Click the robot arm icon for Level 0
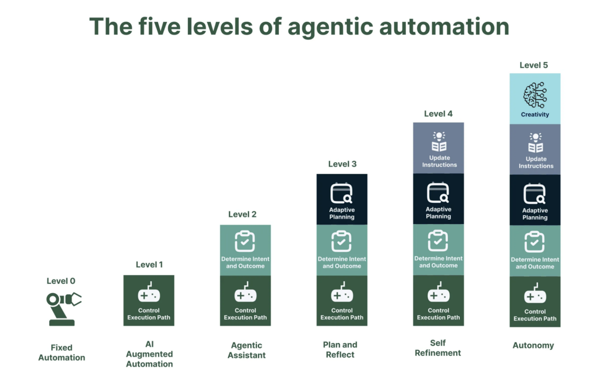63,309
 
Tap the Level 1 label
149,265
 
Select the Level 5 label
534,65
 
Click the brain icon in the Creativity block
535,95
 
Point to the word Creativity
535,114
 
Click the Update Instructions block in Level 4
439,148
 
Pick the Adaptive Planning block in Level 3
342,199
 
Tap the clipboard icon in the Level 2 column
245,241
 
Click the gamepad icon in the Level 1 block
149,292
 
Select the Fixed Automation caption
62,352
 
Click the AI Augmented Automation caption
149,354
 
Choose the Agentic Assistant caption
247,350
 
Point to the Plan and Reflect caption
340,349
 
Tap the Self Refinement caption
438,348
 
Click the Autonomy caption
533,345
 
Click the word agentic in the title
330,27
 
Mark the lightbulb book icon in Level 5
536,143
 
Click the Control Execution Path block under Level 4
439,301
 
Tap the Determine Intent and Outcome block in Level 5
535,251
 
